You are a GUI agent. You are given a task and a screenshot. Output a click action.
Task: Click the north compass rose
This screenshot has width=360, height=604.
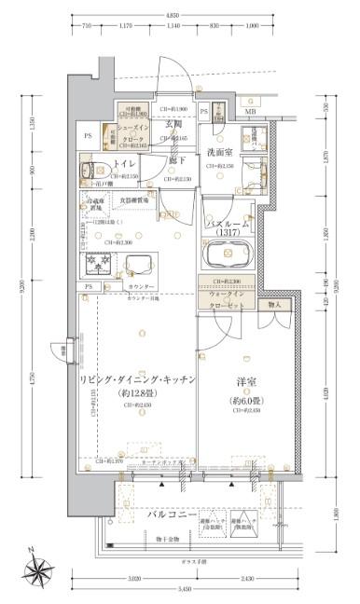point(40,569)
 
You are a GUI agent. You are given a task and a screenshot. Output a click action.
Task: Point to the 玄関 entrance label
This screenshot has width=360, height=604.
point(174,123)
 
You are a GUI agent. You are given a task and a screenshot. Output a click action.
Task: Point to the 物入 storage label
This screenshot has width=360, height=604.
point(274,304)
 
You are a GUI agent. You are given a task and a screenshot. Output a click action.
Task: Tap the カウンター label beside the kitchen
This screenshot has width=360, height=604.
point(141,285)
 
